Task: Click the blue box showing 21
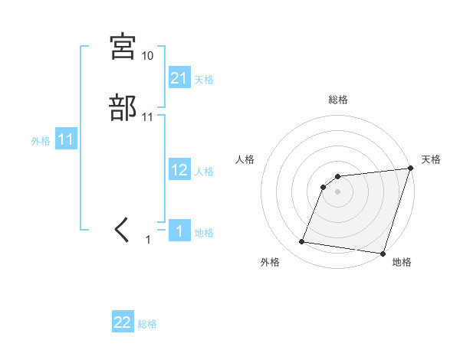click(x=179, y=77)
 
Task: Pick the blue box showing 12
click(x=179, y=170)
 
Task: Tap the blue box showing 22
click(x=123, y=322)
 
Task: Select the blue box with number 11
click(x=66, y=139)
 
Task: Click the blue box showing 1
click(x=179, y=231)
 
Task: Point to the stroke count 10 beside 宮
click(x=148, y=56)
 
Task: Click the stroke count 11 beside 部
click(x=148, y=117)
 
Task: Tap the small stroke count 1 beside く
click(x=149, y=240)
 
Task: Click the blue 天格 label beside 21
click(x=204, y=79)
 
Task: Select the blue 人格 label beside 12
click(x=204, y=172)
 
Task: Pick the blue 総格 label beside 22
click(x=147, y=324)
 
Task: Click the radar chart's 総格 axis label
click(x=338, y=100)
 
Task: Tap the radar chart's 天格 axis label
click(x=431, y=159)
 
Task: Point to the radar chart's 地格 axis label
click(x=402, y=263)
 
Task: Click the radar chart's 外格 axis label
click(x=270, y=263)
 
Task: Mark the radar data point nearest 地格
click(x=383, y=254)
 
